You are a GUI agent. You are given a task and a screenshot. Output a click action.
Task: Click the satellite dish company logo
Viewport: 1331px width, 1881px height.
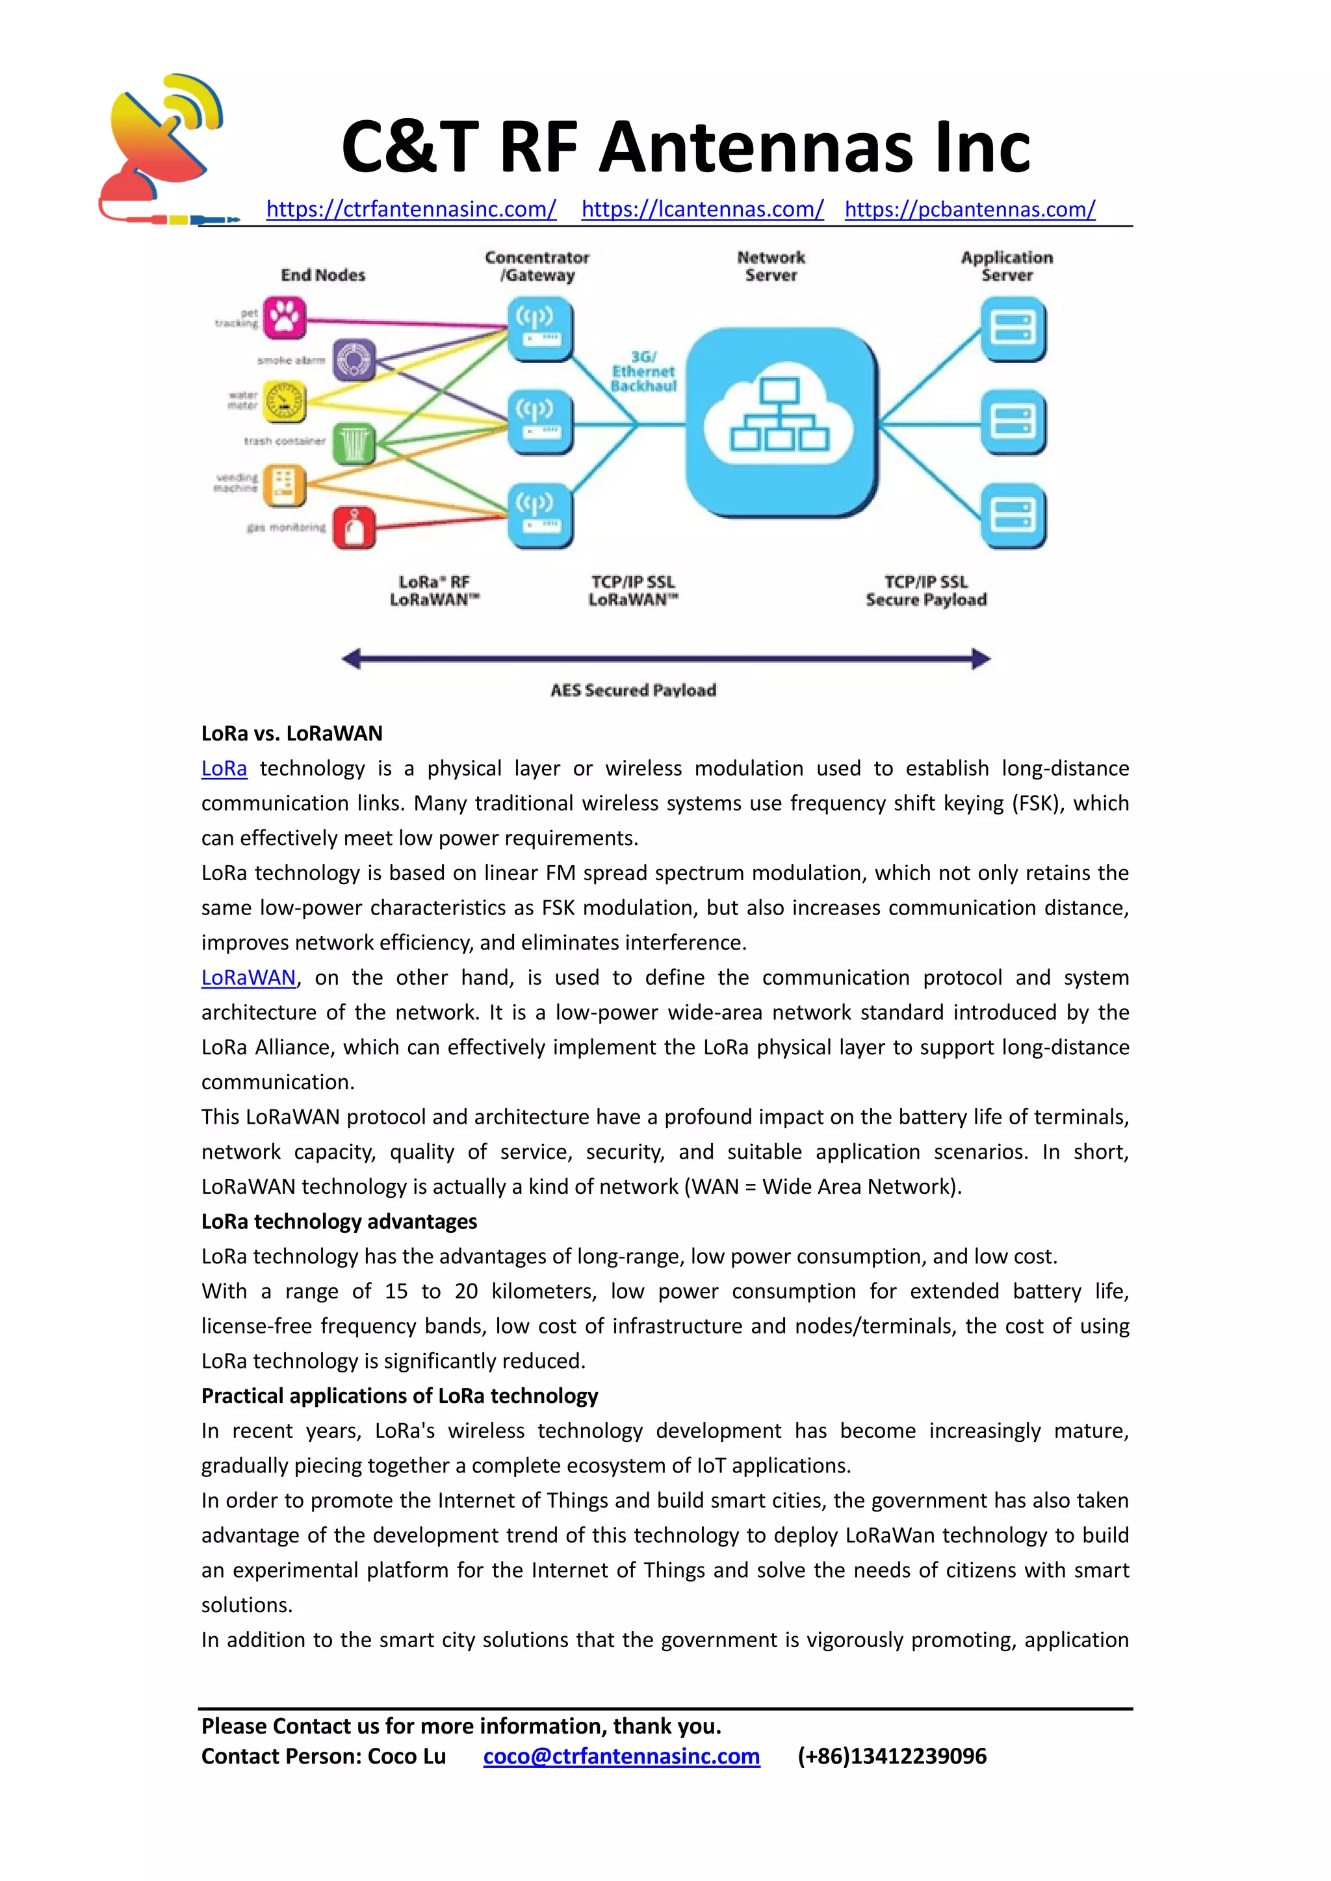[164, 147]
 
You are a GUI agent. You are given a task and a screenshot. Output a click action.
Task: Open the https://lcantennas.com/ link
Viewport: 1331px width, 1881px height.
[703, 210]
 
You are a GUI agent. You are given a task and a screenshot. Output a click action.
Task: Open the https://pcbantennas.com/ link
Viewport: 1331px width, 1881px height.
[970, 210]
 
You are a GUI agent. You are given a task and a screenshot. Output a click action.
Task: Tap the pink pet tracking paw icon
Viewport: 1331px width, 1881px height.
[285, 318]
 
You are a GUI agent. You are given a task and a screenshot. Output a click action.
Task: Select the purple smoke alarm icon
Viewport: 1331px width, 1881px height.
[354, 360]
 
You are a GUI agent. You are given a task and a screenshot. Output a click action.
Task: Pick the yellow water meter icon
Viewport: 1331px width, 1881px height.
[285, 401]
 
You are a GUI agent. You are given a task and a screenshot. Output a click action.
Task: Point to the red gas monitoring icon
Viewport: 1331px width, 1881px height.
[354, 527]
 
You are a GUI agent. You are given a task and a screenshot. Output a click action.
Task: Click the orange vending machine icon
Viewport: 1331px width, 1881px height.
[285, 485]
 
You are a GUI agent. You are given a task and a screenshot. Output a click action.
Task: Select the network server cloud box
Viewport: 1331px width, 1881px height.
[781, 423]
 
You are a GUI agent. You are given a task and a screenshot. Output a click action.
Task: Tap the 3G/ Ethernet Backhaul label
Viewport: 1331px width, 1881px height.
[643, 371]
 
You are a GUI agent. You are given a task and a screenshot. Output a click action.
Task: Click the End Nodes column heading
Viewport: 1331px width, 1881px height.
[323, 275]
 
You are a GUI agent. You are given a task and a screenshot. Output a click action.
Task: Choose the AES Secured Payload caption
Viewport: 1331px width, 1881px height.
[633, 690]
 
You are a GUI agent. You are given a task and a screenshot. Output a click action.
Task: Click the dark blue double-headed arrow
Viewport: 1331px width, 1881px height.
[665, 658]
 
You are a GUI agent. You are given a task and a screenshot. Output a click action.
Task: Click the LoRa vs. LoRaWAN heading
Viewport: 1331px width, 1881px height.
[292, 733]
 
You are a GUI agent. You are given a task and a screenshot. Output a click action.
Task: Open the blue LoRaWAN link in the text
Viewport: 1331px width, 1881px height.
[248, 978]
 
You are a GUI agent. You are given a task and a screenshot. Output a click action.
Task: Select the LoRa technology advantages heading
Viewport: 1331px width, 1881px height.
[339, 1222]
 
